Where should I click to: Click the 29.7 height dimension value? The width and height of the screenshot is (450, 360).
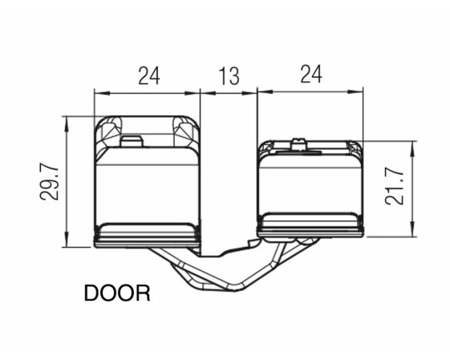pos(49,183)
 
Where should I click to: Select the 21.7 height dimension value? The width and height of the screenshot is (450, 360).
pos(395,187)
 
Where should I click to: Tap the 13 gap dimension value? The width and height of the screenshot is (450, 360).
pos(229,76)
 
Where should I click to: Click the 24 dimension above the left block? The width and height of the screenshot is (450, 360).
pos(148,75)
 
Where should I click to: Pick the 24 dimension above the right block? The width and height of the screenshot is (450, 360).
pos(311,74)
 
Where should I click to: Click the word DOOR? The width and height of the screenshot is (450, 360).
pos(117,293)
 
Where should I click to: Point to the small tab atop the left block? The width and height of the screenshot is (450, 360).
pos(132,141)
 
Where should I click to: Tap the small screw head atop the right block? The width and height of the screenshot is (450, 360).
pos(298,145)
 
